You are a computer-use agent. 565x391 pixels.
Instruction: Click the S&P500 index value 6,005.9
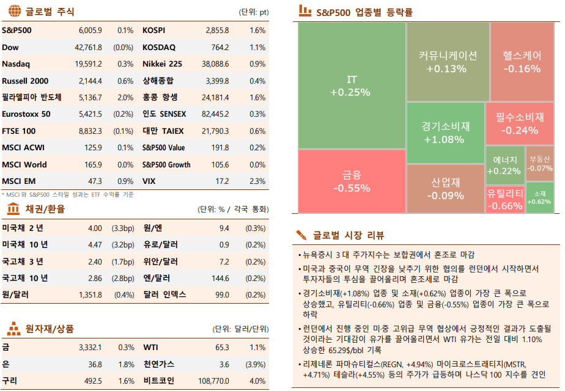pos(90,30)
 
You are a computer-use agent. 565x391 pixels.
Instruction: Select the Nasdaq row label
pos(16,64)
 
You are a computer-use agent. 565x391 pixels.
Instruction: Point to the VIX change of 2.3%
pos(257,181)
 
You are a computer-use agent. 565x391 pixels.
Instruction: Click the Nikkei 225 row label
pos(162,64)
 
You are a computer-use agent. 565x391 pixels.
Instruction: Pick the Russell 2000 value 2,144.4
pos(90,81)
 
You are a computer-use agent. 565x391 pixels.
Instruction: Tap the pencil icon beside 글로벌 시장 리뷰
pos(301,235)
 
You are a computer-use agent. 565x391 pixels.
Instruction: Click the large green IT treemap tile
pos(352,86)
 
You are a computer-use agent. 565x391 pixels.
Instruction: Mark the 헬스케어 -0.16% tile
pos(522,62)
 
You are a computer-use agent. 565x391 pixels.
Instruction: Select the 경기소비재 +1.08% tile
pos(445,133)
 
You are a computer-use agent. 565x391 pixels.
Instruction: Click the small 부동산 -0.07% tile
pos(539,163)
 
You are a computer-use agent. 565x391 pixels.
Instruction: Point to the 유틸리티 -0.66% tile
pos(505,199)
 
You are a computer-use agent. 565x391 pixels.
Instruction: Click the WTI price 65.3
pos(222,347)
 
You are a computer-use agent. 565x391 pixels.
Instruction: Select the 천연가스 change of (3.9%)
pos(255,364)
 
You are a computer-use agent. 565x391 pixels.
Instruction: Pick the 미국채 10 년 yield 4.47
pos(95,245)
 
